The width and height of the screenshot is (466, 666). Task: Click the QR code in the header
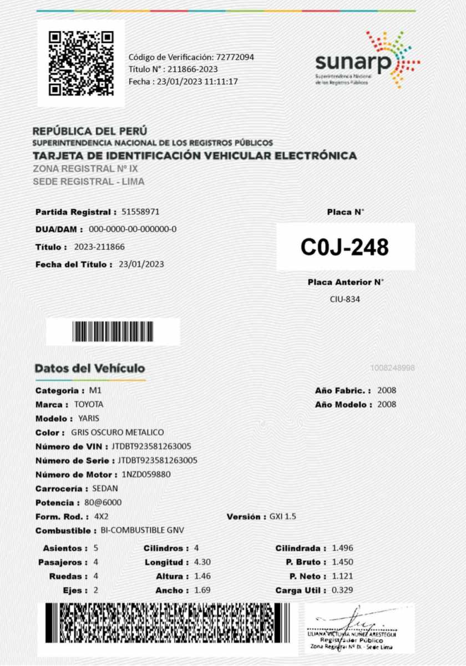[x=81, y=63]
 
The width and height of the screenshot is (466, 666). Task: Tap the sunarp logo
[x=366, y=60]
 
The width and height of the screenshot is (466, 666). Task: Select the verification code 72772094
[x=236, y=57]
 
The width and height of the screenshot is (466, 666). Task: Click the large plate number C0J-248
[x=345, y=247]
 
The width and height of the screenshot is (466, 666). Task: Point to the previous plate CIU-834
[x=345, y=300]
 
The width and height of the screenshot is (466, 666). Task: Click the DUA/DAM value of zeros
[x=133, y=229]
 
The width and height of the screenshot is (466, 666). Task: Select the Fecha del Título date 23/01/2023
[x=141, y=264]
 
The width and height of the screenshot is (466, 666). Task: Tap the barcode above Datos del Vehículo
[x=113, y=332]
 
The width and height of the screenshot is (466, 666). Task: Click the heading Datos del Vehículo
[x=90, y=369]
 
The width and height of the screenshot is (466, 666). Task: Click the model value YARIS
[x=89, y=418]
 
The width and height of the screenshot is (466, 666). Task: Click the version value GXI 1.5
[x=283, y=517]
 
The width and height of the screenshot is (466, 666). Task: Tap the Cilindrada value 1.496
[x=342, y=548]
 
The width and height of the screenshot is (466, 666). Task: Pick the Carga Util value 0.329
[x=342, y=590]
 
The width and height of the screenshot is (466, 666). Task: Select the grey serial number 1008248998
[x=393, y=368]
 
